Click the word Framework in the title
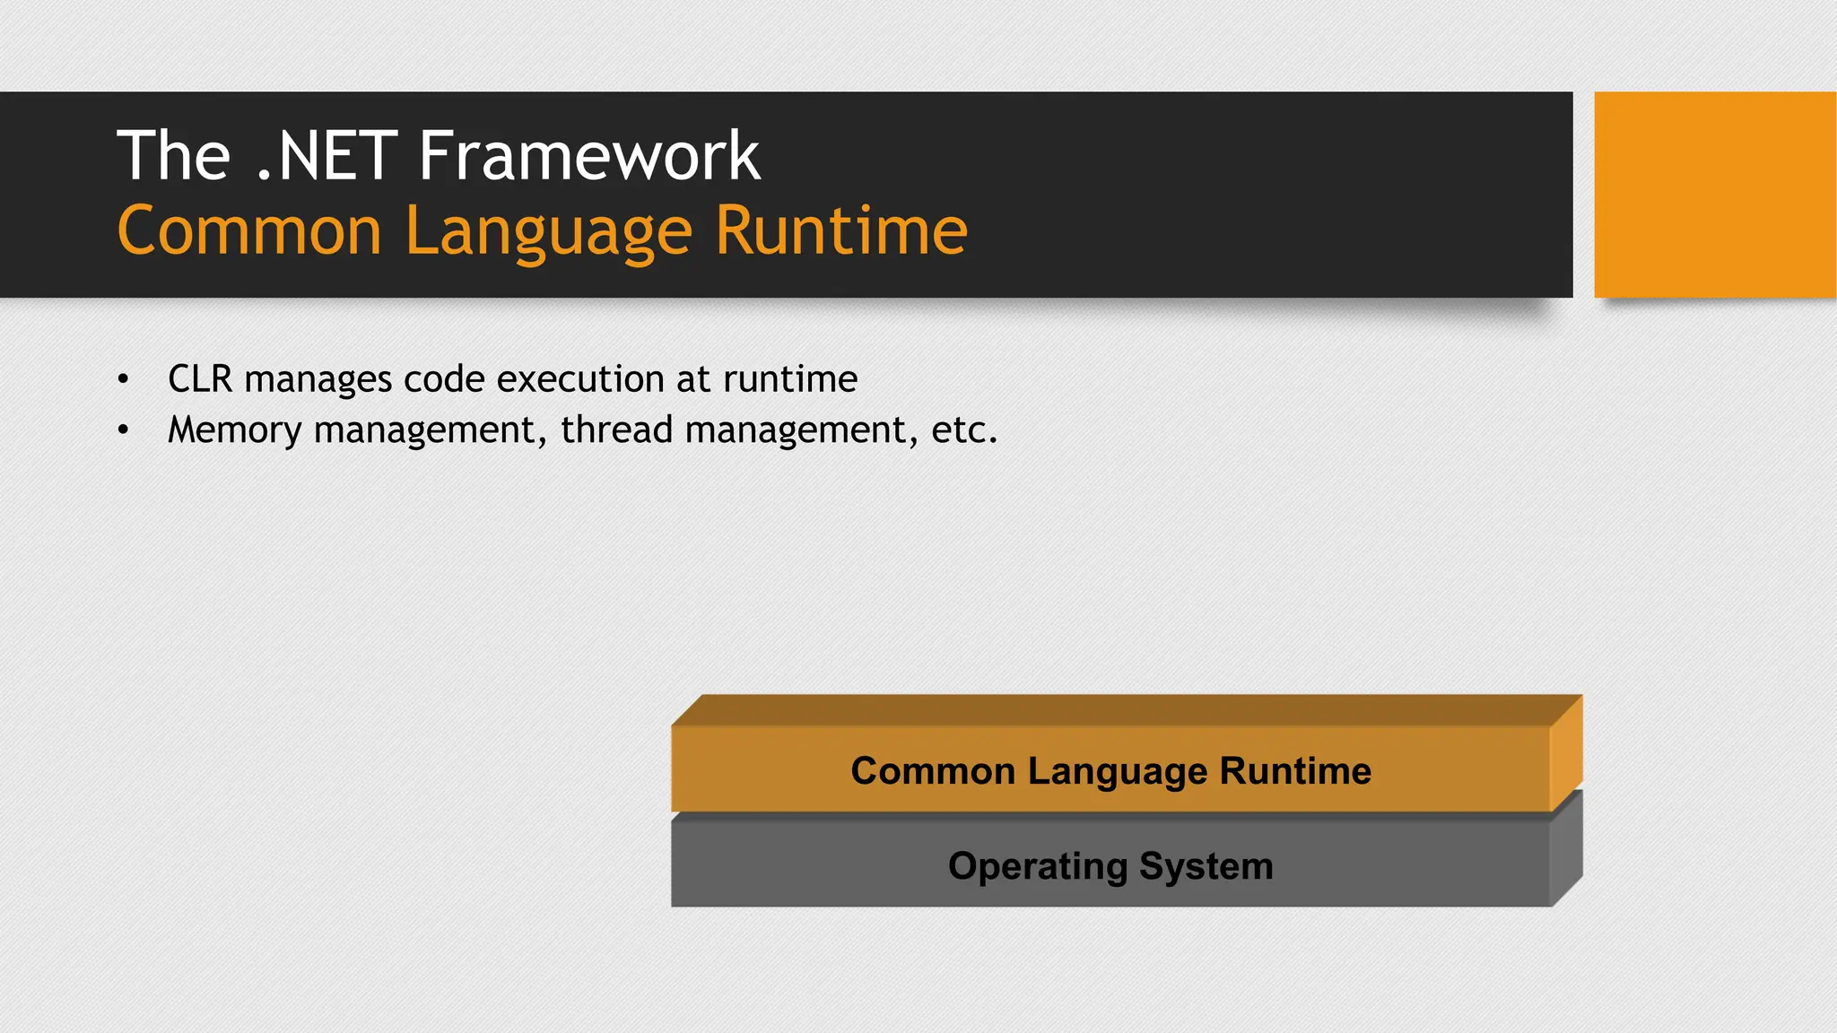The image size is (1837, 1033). point(589,156)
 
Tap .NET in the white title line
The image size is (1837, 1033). point(326,156)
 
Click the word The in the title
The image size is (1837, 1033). point(174,156)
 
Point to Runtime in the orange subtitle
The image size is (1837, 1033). point(841,231)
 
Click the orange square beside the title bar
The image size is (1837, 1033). point(1714,195)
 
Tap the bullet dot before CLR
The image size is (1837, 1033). point(124,380)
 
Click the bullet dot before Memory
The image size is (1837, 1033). point(124,431)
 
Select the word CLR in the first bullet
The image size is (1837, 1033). point(200,379)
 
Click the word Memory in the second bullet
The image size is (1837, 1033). point(235,430)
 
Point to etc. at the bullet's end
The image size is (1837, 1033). point(964,430)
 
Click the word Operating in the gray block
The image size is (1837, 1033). point(1038,867)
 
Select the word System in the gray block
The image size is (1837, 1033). point(1206,867)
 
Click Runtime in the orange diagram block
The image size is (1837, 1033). point(1295,771)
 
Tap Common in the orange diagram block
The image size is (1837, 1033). point(933,771)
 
